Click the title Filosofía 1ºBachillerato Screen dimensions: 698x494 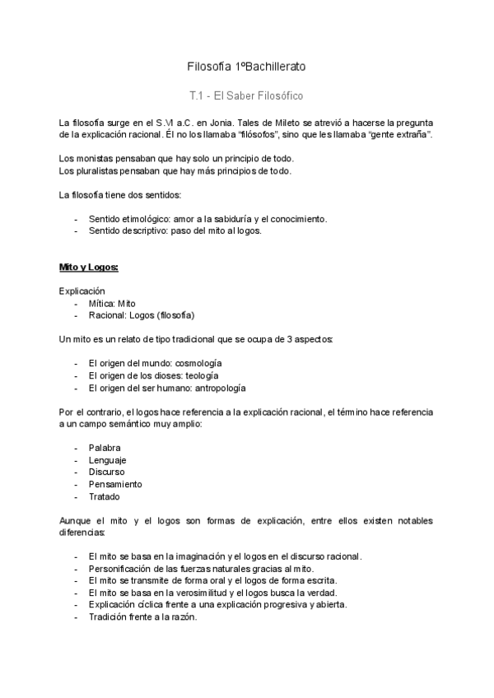click(x=247, y=65)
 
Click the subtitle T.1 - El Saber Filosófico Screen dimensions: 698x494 click(x=247, y=95)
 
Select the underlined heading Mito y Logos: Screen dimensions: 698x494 click(x=89, y=268)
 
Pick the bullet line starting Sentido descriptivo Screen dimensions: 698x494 click(x=175, y=231)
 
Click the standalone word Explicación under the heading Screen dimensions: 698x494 click(x=82, y=291)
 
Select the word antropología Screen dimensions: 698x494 click(x=215, y=388)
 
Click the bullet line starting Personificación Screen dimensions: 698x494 click(x=200, y=569)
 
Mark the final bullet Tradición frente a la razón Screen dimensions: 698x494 click(x=142, y=617)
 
